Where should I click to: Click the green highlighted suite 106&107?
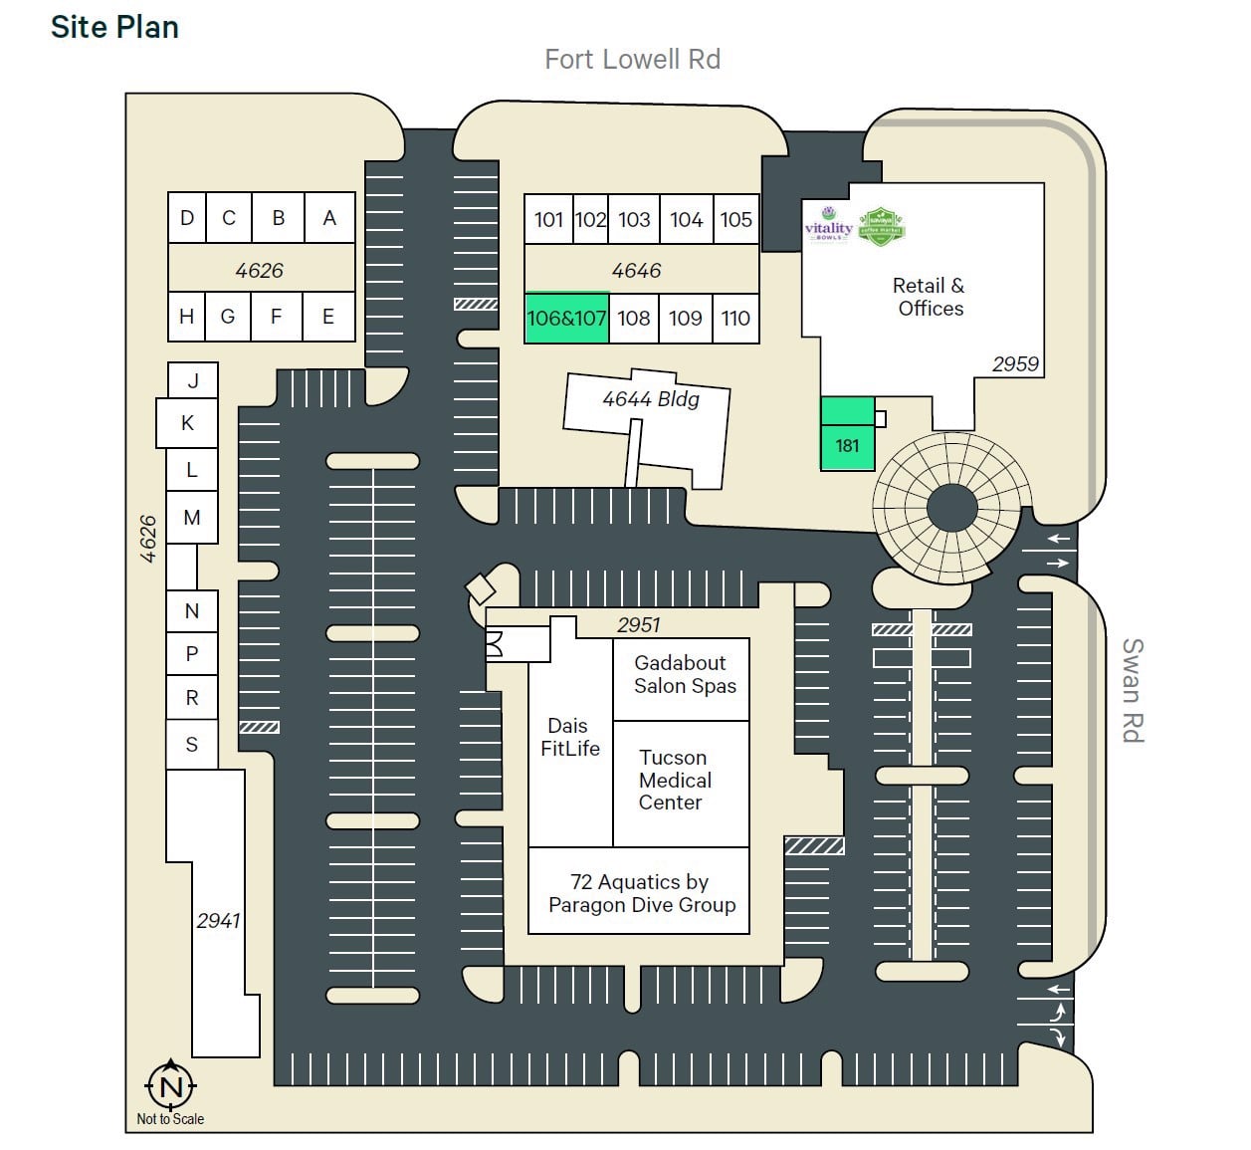566,319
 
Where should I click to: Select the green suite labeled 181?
847,445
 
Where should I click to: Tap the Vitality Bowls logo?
828,223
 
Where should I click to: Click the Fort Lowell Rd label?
632,60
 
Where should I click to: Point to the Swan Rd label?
1132,690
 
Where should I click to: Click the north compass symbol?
171,1085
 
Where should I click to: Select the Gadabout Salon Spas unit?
682,677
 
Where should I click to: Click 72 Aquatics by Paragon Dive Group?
639,892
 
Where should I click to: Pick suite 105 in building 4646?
735,219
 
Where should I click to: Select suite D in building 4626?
186,218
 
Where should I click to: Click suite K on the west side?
187,423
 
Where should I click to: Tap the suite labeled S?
191,745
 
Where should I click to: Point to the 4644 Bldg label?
651,399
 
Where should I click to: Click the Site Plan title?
114,27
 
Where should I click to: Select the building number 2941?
218,920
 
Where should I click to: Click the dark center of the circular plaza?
951,509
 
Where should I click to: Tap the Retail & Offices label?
930,297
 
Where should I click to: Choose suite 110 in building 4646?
735,319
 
